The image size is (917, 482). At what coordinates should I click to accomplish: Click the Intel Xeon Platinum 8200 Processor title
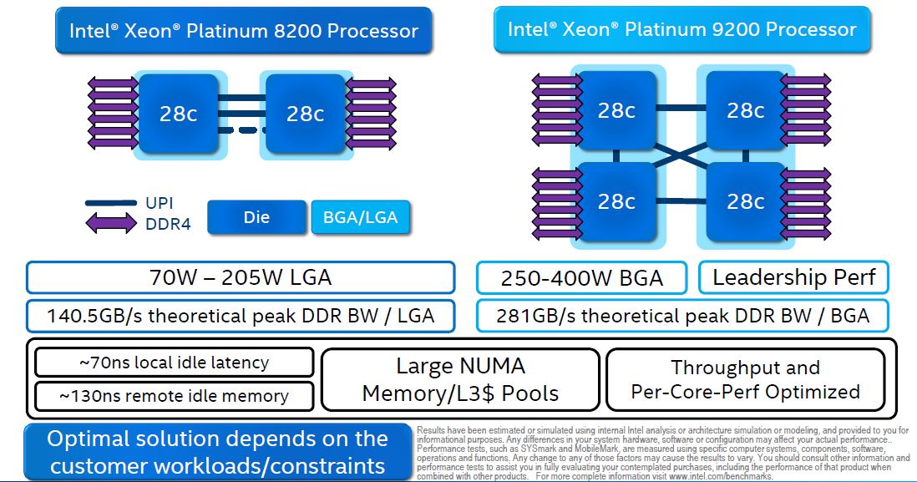(x=243, y=32)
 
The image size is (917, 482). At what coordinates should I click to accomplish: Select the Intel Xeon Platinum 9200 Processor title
(x=681, y=30)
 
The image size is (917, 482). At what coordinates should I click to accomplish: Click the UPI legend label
(x=160, y=203)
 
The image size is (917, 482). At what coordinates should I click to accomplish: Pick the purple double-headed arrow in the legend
(x=110, y=223)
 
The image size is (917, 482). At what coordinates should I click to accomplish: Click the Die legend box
(x=256, y=218)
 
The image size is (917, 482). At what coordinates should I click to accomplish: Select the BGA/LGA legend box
(x=360, y=218)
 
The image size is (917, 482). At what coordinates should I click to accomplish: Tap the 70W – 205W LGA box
(x=241, y=277)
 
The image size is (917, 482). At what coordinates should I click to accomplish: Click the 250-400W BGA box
(x=581, y=278)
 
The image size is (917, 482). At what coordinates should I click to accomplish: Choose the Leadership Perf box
(x=793, y=277)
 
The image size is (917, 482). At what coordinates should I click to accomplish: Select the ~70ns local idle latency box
(x=174, y=363)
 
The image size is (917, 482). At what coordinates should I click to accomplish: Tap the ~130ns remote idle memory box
(x=174, y=396)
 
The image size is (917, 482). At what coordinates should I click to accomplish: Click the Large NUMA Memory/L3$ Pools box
(x=460, y=379)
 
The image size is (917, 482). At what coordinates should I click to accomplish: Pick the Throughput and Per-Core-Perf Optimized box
(x=745, y=379)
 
